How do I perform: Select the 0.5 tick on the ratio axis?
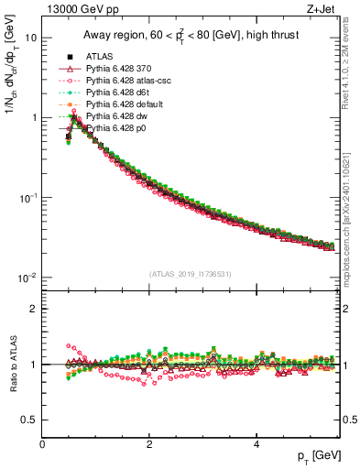(x=30, y=420)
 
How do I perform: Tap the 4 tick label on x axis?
(x=256, y=444)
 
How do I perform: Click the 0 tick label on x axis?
(x=42, y=444)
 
